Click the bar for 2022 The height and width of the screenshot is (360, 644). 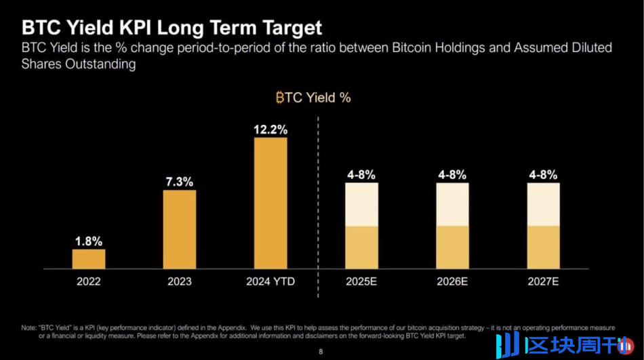coord(89,259)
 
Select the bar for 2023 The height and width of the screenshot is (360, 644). coord(180,229)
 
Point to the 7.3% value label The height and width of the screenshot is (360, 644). coord(180,182)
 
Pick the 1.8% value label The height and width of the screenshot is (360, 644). coord(89,241)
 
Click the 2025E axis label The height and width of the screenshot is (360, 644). coord(361,281)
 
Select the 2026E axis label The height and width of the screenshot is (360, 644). coord(452,281)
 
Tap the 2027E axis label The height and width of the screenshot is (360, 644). coord(543,281)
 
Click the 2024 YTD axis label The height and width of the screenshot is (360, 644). coord(270,281)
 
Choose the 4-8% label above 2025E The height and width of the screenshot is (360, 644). coord(361,175)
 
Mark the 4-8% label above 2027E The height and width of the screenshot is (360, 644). coord(543,175)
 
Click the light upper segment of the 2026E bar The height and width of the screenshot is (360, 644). coord(452,204)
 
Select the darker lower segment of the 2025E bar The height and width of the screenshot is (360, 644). coord(361,247)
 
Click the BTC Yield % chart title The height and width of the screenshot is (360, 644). coord(313,98)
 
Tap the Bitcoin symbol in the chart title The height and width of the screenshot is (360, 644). coord(279,98)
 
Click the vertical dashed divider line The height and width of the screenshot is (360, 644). coord(318,203)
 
